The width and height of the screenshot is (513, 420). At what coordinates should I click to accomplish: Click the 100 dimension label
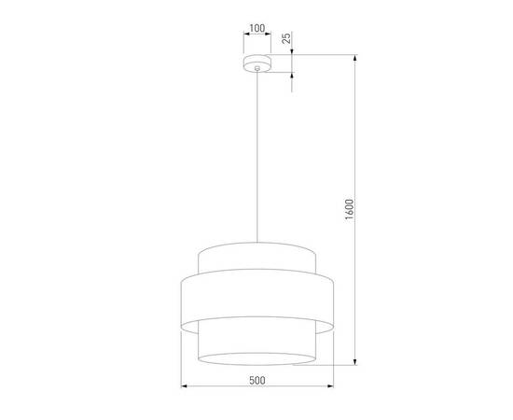[256, 28]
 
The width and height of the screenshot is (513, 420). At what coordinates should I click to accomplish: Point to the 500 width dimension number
[256, 381]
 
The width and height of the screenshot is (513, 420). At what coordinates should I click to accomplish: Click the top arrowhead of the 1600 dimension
[355, 57]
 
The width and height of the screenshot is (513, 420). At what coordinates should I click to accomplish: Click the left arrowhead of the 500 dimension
[183, 387]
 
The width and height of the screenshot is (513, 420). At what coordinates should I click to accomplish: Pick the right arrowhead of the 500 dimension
[330, 387]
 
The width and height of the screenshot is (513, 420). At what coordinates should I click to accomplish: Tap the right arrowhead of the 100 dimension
[268, 38]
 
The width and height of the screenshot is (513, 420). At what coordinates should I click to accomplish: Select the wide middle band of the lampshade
[256, 299]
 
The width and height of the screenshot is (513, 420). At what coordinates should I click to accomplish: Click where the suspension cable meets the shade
[256, 244]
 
